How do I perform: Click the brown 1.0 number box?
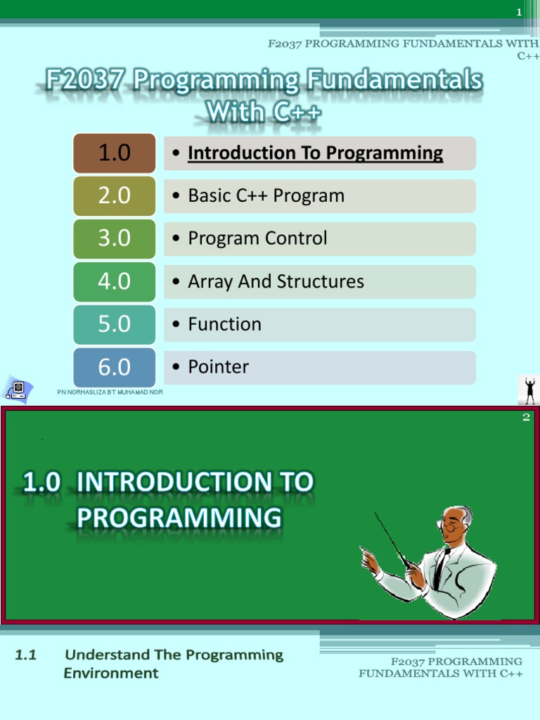115,153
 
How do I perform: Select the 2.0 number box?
115,195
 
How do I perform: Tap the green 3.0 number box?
115,238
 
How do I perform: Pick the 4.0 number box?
115,281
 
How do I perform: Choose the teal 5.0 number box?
115,324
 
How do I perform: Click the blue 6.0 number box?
115,367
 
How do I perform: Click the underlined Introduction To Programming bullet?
315,153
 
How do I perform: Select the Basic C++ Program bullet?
266,195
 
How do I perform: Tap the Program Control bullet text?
257,238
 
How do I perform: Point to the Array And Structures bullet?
276,281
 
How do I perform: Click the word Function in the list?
224,324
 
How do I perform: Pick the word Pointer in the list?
218,367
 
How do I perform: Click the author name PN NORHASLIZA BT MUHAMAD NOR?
110,392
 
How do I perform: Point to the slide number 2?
526,418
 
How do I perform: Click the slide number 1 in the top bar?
519,12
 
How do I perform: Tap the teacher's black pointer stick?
390,538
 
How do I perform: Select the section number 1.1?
26,655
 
